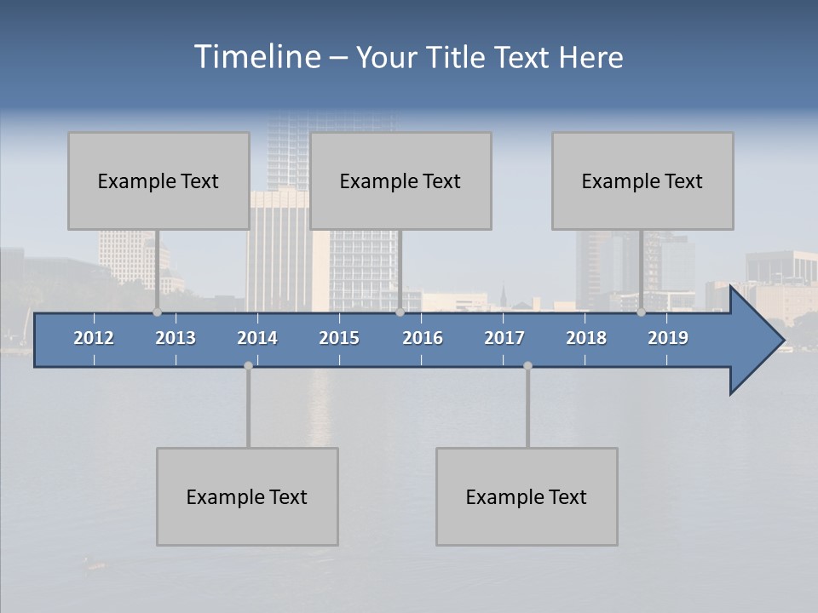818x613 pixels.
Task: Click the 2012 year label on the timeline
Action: tap(94, 338)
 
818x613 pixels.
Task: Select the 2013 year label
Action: tap(176, 338)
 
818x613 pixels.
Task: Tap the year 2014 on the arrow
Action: tap(257, 338)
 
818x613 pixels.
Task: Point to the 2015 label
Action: tap(339, 338)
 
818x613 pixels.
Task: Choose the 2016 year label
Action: tap(423, 338)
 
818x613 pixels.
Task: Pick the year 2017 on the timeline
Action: tap(504, 338)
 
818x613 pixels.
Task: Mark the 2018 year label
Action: tap(586, 338)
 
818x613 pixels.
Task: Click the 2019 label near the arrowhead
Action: tap(668, 338)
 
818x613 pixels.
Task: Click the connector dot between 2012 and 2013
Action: tap(157, 312)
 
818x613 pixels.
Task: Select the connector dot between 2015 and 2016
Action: tap(400, 312)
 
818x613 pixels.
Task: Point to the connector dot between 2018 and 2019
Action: tap(641, 312)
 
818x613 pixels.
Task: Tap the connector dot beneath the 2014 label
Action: tap(248, 365)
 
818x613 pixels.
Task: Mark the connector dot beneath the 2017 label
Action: tap(527, 365)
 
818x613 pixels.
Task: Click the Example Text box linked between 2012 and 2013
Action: tap(158, 180)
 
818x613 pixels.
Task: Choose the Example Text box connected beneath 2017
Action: tap(527, 496)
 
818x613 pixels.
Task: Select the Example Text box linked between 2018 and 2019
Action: tap(642, 180)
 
